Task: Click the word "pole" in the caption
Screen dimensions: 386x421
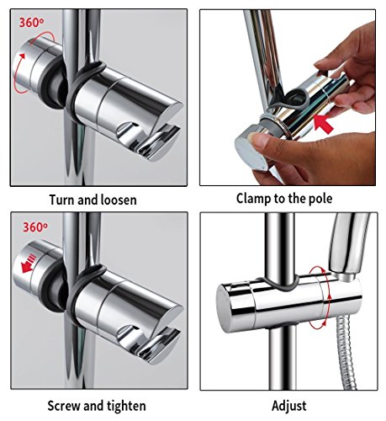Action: (320, 199)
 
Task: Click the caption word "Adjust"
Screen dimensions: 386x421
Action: (289, 406)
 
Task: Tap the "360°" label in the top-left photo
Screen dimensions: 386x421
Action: (31, 23)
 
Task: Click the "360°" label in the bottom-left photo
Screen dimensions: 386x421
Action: (35, 227)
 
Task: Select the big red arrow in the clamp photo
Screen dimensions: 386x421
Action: (323, 125)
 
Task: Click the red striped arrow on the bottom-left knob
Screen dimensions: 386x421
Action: (29, 263)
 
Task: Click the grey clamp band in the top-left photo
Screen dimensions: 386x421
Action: (82, 90)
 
